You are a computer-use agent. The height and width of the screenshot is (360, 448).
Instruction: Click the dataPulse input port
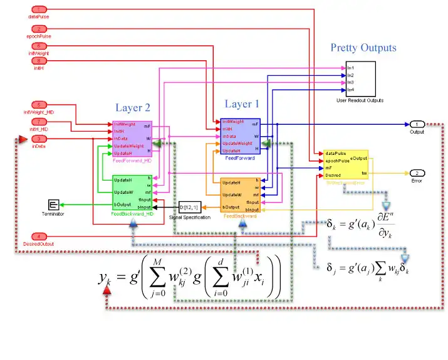pos(39,9)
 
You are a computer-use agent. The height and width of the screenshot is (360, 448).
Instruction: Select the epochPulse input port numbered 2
pos(39,29)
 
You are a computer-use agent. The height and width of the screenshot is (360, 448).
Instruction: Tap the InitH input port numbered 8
pos(39,61)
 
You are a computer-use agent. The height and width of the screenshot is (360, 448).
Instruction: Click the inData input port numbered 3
pos(39,139)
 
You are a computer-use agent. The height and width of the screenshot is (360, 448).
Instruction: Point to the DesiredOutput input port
pos(39,235)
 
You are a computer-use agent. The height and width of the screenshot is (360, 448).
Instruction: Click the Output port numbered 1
pos(417,124)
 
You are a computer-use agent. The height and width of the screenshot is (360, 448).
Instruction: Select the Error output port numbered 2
pos(417,172)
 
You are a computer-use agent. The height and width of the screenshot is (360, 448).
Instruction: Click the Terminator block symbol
pos(53,205)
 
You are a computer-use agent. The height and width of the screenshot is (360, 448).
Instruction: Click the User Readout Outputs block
pos(360,78)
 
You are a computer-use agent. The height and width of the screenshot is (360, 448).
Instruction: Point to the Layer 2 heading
pos(133,108)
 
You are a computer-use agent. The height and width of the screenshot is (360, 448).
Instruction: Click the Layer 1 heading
pos(242,104)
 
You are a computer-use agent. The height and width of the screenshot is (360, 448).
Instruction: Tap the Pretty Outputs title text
pos(363,48)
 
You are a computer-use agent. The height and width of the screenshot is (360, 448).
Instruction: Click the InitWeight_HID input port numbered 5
pos(39,105)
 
